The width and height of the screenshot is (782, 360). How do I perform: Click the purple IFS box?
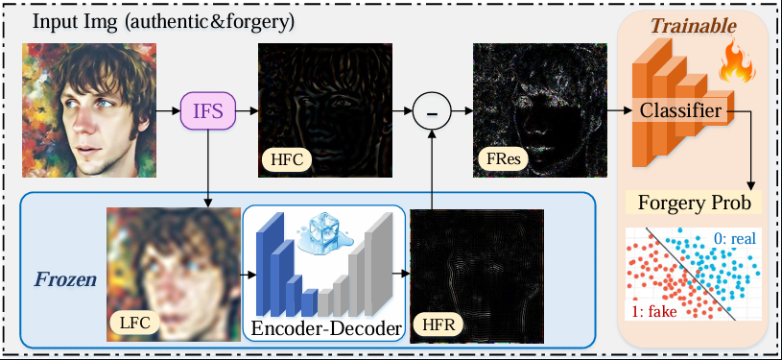tap(207, 110)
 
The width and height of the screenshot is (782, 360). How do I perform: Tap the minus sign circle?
tap(432, 110)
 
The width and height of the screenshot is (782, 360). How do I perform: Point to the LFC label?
tap(134, 324)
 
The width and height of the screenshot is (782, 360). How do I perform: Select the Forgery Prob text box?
tap(695, 204)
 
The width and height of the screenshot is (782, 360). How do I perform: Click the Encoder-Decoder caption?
tap(326, 328)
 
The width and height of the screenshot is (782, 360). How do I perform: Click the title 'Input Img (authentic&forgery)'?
tap(163, 22)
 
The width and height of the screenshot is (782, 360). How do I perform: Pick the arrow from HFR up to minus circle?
tap(432, 169)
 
